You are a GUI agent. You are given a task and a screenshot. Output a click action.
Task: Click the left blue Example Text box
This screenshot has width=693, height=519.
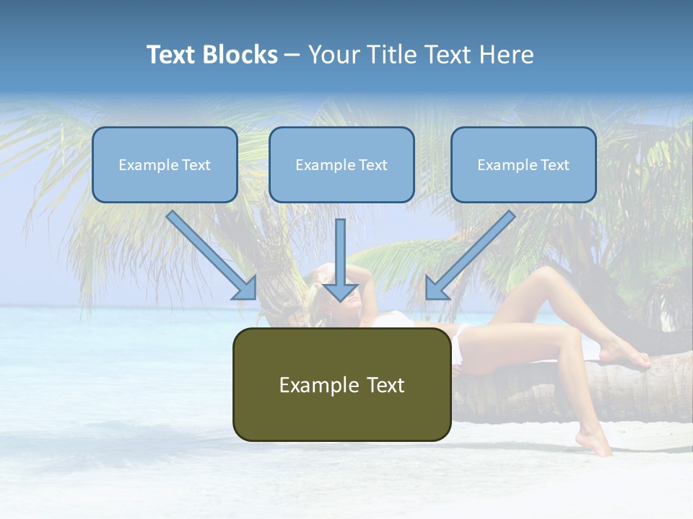point(165,164)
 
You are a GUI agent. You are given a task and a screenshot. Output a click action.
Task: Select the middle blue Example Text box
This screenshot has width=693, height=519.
point(341,164)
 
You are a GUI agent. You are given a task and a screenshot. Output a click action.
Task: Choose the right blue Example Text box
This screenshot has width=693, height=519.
point(523,164)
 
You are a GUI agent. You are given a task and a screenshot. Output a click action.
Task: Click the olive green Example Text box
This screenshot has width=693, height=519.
point(341,384)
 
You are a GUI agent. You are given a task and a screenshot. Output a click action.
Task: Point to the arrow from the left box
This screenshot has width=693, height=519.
point(212,255)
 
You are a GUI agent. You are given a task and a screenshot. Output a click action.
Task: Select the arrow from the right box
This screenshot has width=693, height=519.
point(471,255)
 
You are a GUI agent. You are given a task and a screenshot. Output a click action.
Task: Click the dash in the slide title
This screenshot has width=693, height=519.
point(292,55)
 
